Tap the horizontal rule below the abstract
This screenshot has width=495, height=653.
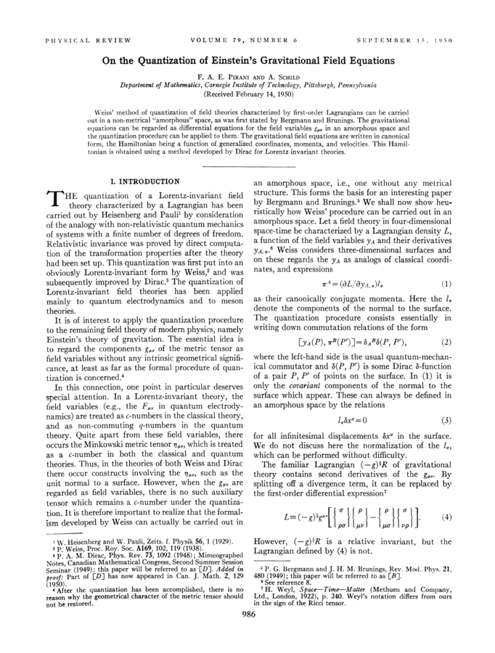(x=247, y=166)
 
